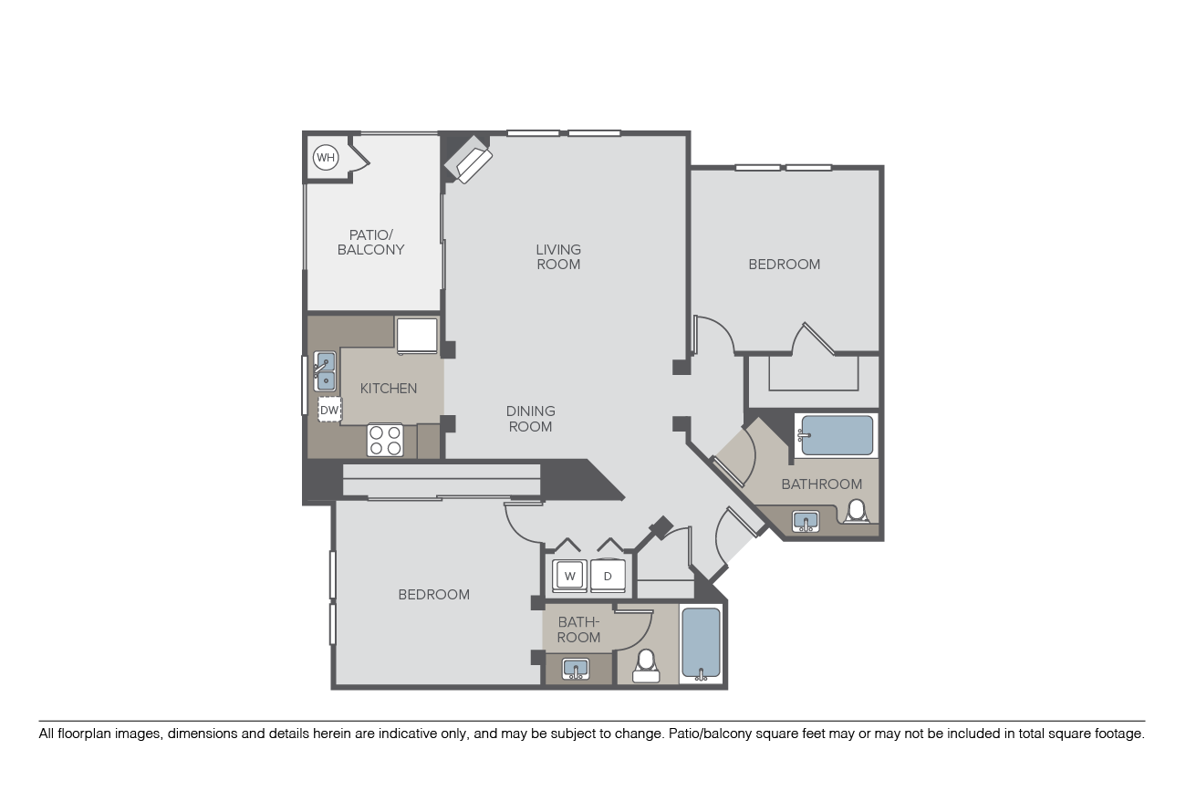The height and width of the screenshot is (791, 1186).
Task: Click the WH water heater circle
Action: point(326,157)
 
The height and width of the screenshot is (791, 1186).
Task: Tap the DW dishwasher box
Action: point(329,410)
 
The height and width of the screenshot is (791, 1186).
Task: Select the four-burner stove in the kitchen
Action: point(385,441)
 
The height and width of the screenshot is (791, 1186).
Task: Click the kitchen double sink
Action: point(325,371)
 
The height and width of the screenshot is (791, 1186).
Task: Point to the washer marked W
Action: point(569,576)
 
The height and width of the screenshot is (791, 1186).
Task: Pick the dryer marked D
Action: point(608,576)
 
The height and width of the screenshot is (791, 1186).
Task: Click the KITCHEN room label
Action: point(388,389)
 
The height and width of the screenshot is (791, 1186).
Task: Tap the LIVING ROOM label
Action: point(558,256)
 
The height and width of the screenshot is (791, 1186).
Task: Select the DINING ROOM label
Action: point(531,419)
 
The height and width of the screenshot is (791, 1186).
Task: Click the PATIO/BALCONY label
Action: point(370,243)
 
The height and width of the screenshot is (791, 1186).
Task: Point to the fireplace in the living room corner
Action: point(468,159)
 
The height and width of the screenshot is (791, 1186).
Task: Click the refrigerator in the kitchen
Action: point(417,336)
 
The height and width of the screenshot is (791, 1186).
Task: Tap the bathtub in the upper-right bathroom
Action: point(836,435)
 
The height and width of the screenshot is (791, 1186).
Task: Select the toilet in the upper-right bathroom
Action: point(856,512)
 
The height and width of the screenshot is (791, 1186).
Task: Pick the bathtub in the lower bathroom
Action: point(701,644)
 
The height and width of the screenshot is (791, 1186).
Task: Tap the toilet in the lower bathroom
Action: point(646,666)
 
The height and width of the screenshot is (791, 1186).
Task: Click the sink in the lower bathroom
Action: point(576,669)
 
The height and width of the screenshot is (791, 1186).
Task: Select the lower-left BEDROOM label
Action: point(433,595)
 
